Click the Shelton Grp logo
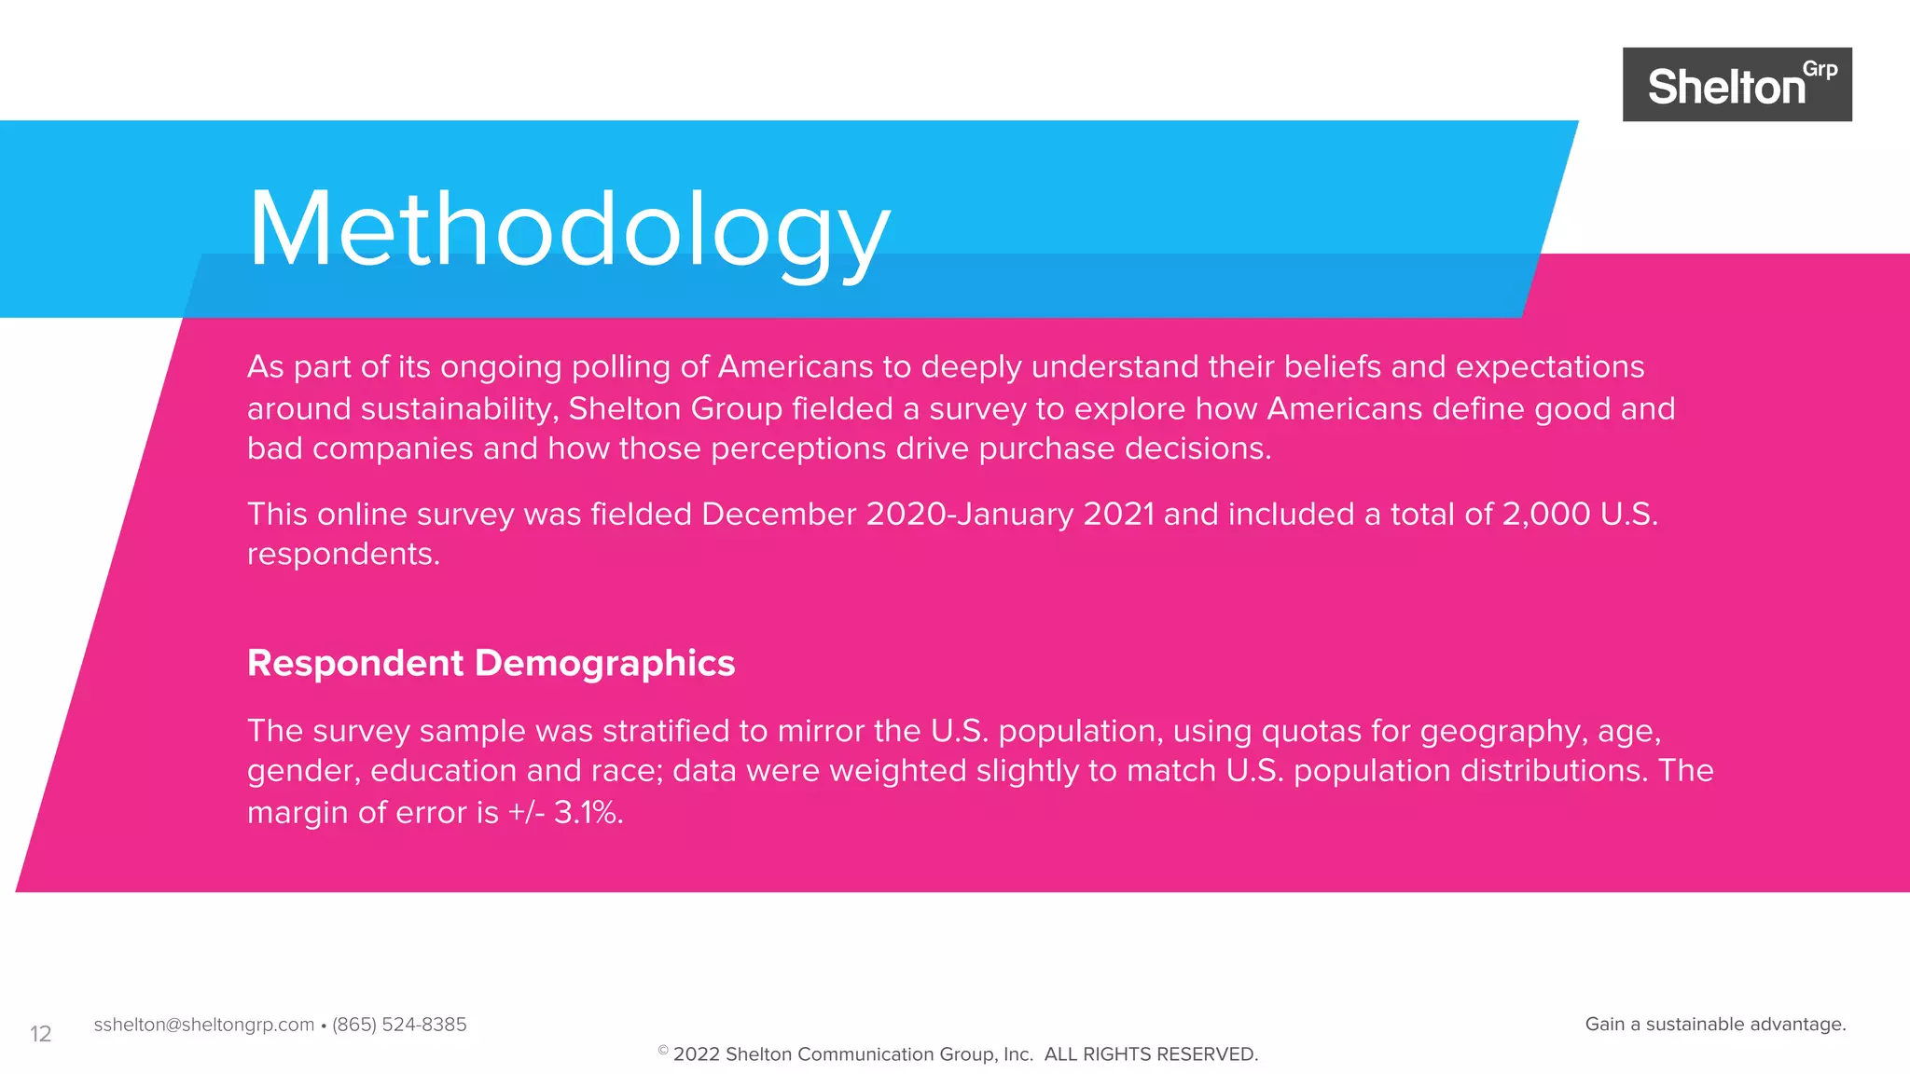point(1737,85)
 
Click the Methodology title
point(569,229)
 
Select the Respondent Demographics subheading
point(491,663)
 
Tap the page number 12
point(40,1034)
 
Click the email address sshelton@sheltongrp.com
point(203,1025)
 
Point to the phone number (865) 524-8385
point(399,1025)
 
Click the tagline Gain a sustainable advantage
point(1715,1025)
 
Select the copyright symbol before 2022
point(662,1051)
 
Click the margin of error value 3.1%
point(588,812)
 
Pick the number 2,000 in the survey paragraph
point(1545,514)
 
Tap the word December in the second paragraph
point(779,514)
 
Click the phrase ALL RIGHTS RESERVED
point(1151,1054)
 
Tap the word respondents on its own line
point(342,555)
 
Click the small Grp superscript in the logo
point(1820,70)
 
